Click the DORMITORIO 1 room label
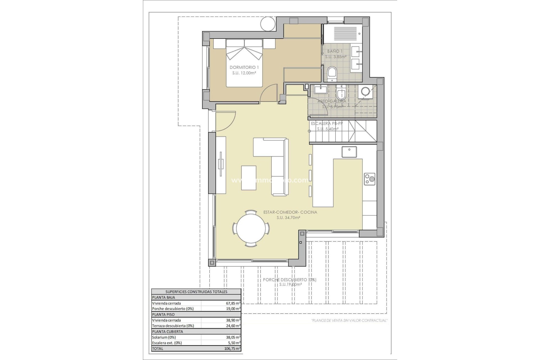tap(244, 67)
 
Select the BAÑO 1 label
tap(335, 51)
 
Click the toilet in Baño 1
tap(332, 74)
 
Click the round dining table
tap(251, 228)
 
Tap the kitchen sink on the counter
tap(349, 152)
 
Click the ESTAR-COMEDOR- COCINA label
tap(290, 212)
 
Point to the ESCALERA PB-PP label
tap(327, 123)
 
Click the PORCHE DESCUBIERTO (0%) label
tap(289, 280)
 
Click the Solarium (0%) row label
tap(164, 337)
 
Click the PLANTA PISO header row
tap(196, 314)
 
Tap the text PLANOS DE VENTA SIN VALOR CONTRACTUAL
tap(349, 320)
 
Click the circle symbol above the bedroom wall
tap(268, 24)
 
